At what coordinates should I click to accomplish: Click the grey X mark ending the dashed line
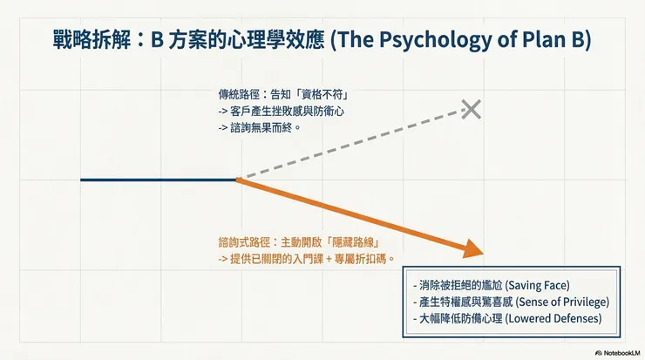(x=471, y=109)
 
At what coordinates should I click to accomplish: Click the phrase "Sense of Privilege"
(x=563, y=302)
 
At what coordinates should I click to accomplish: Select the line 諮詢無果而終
(x=265, y=126)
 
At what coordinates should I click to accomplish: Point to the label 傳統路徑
(x=238, y=94)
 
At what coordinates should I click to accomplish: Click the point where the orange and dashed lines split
(x=237, y=180)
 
